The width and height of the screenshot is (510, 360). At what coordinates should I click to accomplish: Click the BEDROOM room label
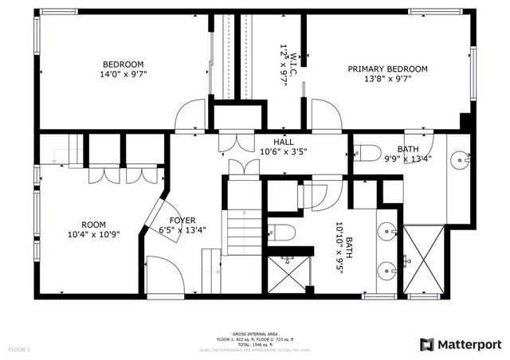pyautogui.click(x=123, y=65)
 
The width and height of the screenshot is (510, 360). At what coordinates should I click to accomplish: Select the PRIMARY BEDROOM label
pyautogui.click(x=387, y=69)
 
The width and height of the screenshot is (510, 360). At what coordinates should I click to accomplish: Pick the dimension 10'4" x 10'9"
pyautogui.click(x=93, y=234)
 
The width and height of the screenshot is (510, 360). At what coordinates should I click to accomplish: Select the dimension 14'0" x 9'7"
pyautogui.click(x=123, y=74)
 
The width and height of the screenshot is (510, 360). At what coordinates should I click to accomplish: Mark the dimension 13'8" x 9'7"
pyautogui.click(x=387, y=79)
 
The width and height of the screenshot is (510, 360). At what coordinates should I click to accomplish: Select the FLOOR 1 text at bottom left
pyautogui.click(x=20, y=350)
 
